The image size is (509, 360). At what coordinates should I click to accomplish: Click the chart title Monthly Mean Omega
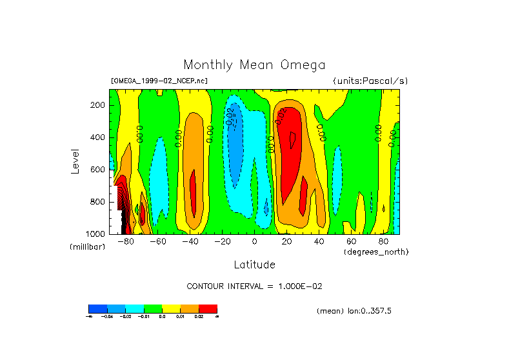254,65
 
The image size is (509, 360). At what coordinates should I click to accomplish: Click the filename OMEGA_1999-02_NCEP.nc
159,81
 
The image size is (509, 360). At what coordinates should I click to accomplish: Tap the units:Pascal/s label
370,81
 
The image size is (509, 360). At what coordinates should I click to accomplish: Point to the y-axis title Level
75,161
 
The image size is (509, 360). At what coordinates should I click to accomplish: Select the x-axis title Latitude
254,265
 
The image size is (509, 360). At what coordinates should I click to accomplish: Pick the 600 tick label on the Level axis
98,170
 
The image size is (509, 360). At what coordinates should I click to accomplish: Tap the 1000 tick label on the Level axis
95,233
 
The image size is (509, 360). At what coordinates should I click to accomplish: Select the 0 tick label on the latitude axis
254,242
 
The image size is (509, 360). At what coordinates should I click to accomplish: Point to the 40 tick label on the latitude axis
319,242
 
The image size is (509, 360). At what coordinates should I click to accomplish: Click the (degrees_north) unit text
376,252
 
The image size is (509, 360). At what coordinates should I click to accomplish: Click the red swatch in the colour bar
208,308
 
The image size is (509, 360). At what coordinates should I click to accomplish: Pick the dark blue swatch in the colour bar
97,308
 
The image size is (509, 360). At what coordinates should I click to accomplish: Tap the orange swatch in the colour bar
190,308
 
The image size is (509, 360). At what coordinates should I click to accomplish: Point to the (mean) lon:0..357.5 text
354,311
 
